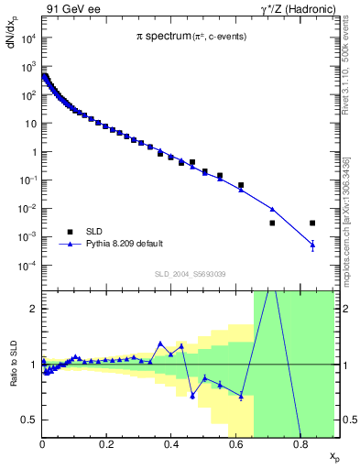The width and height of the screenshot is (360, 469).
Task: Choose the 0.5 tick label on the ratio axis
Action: (29, 420)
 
